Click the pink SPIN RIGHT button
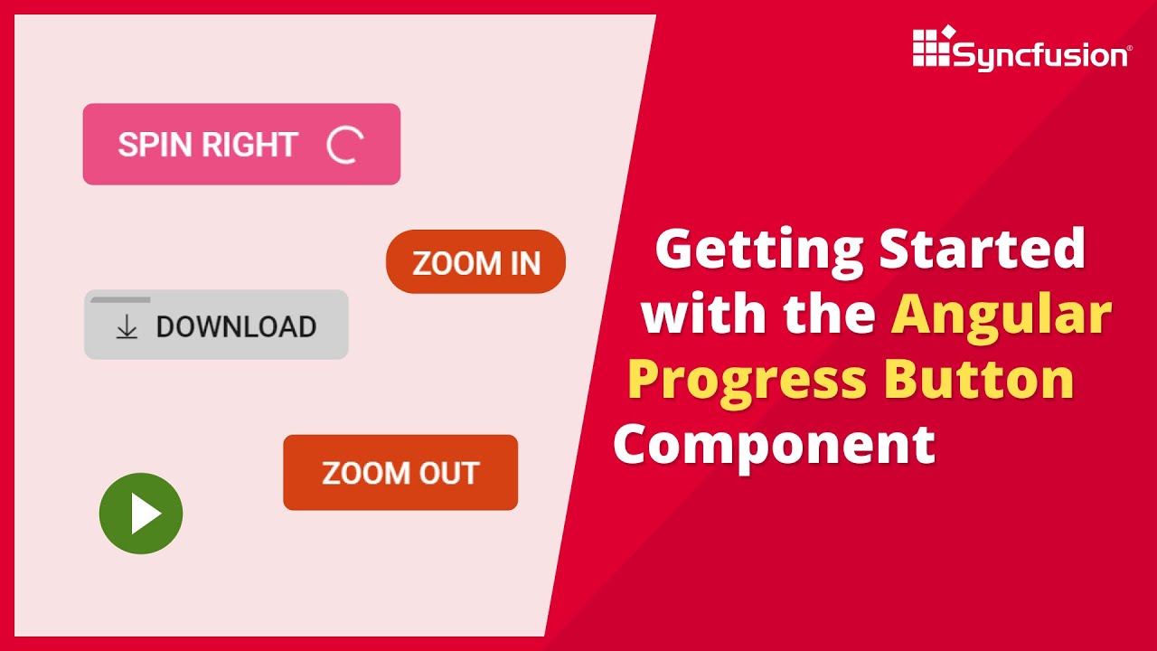pyautogui.click(x=241, y=145)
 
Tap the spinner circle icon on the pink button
pyautogui.click(x=344, y=145)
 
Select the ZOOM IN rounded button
pyautogui.click(x=475, y=262)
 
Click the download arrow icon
pyautogui.click(x=127, y=327)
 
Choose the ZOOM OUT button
pyautogui.click(x=400, y=473)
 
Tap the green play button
pyautogui.click(x=141, y=514)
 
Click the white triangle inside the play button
pyautogui.click(x=145, y=514)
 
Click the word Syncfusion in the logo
pyautogui.click(x=1040, y=56)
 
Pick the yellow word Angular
pyautogui.click(x=1002, y=316)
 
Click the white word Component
pyautogui.click(x=775, y=446)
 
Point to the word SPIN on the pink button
pyautogui.click(x=155, y=145)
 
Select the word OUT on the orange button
pyautogui.click(x=447, y=473)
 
